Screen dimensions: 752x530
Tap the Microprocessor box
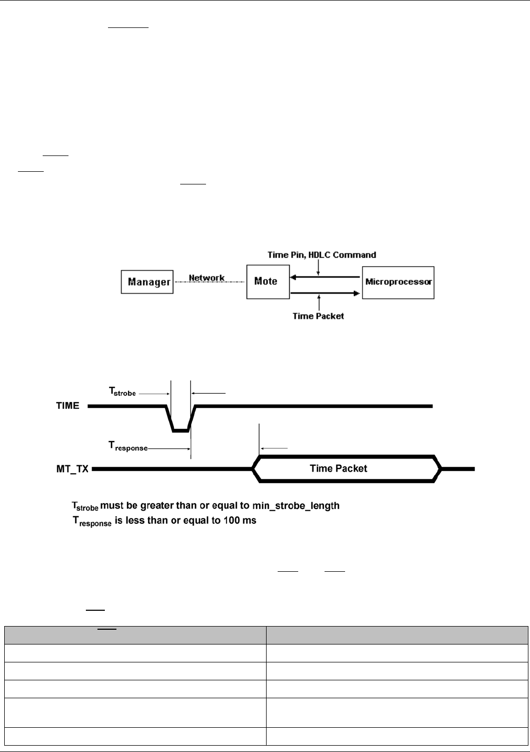398,282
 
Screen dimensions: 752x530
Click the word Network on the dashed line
207,278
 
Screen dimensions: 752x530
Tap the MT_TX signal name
72,468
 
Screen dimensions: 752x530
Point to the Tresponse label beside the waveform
124,448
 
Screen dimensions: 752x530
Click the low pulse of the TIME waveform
181,430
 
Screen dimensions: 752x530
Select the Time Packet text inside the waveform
338,468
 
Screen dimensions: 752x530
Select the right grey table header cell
396,634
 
